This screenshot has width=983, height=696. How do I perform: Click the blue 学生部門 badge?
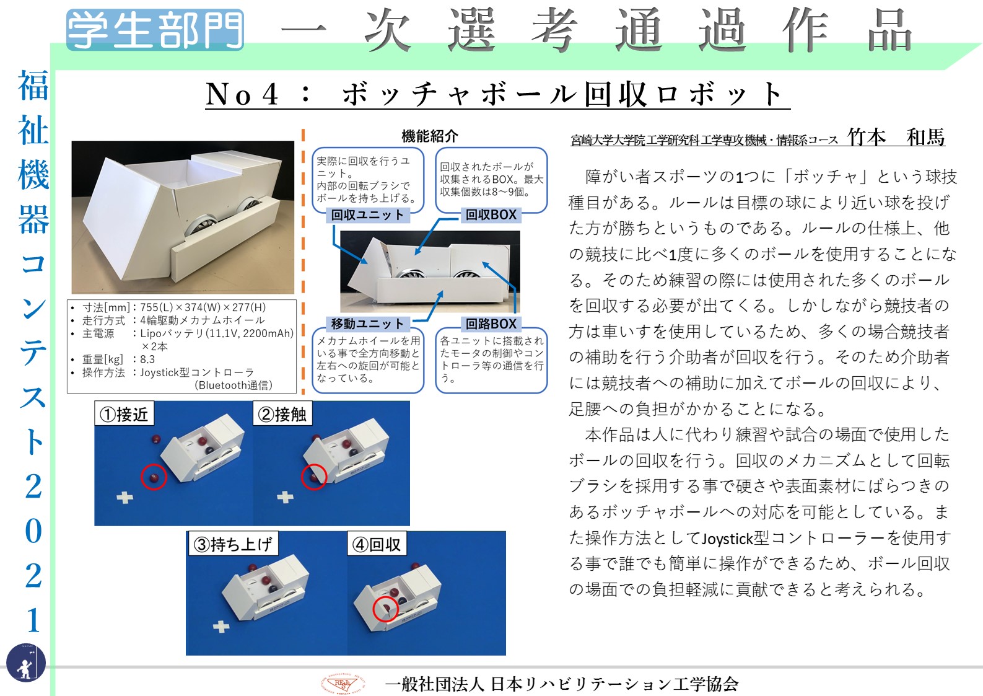(155, 30)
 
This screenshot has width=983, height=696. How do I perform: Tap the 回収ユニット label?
(367, 214)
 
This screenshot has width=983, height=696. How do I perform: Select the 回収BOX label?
(491, 214)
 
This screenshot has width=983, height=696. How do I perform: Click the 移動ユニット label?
(367, 324)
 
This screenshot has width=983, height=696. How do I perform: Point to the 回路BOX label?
(491, 324)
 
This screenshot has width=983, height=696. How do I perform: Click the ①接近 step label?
(125, 413)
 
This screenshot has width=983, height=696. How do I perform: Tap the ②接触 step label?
(282, 413)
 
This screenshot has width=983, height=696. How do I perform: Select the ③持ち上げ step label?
(233, 544)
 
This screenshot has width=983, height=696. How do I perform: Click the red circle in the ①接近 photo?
(154, 477)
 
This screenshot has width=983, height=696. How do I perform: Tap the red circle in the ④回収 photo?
(385, 609)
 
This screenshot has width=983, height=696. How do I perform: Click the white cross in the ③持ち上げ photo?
(221, 626)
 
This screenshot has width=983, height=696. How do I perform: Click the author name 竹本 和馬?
(896, 137)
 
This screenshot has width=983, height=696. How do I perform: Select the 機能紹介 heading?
(430, 136)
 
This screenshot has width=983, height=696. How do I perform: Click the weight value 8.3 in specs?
(147, 359)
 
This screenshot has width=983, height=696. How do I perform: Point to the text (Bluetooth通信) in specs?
(234, 385)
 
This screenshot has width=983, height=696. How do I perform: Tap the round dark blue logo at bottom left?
(26, 663)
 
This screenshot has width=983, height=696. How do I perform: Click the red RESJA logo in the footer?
(343, 684)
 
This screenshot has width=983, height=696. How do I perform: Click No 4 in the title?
(242, 94)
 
